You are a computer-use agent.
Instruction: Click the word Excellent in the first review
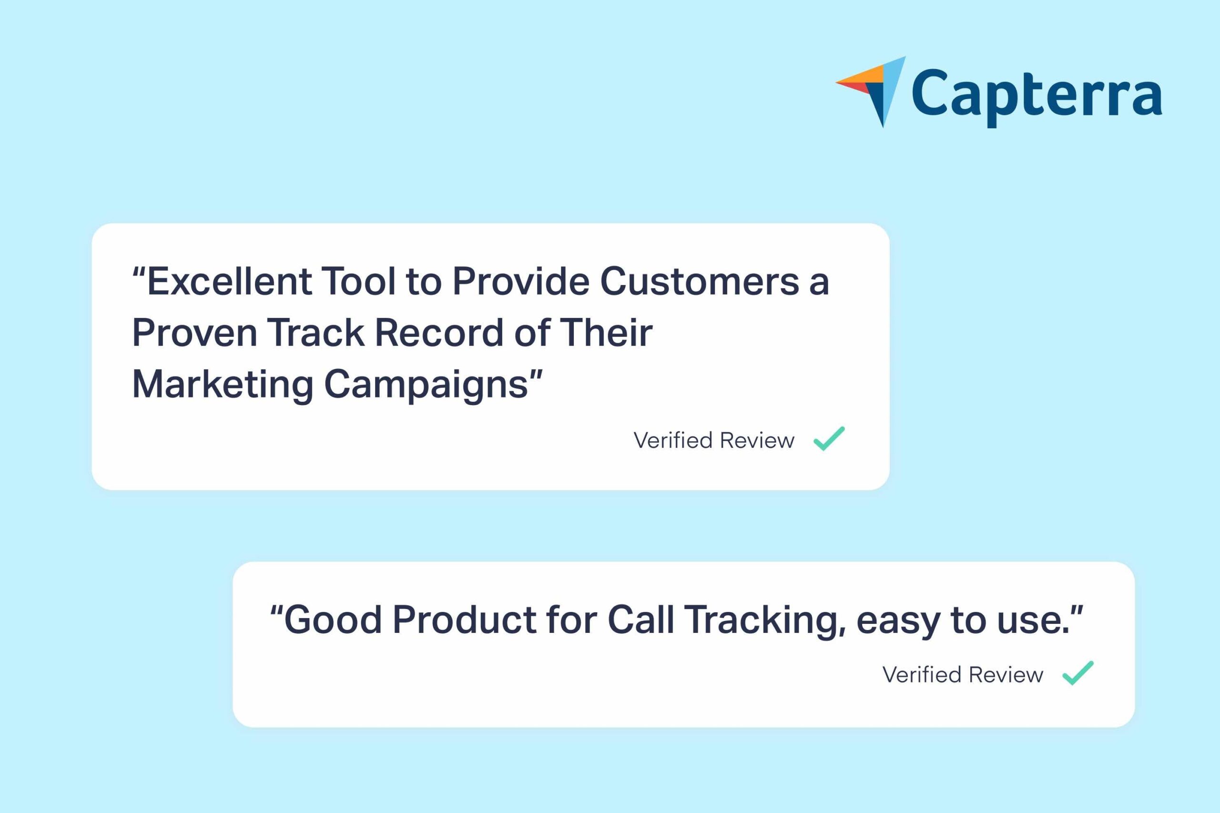(x=230, y=282)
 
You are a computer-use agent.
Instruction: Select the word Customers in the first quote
(x=700, y=282)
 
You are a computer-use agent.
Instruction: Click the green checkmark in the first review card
(x=829, y=438)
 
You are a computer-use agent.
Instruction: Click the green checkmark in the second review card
(x=1078, y=673)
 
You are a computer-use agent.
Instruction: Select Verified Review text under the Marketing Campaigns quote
(x=714, y=440)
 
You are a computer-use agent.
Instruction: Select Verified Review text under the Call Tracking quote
(x=963, y=675)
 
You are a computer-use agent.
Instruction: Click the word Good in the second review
(x=334, y=620)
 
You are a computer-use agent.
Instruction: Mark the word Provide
(x=521, y=282)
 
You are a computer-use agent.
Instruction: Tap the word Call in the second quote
(x=640, y=620)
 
